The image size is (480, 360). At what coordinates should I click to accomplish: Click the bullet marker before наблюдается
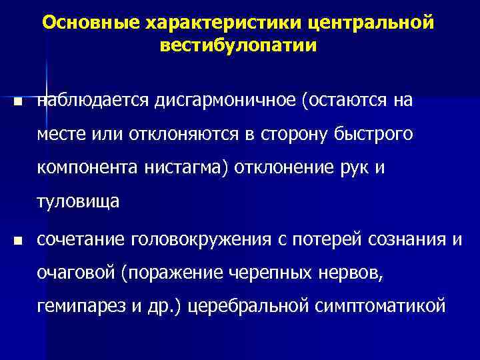[x=17, y=103]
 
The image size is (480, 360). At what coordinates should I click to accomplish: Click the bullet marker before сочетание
[x=17, y=239]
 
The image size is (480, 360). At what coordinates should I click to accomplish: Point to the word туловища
[x=79, y=202]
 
